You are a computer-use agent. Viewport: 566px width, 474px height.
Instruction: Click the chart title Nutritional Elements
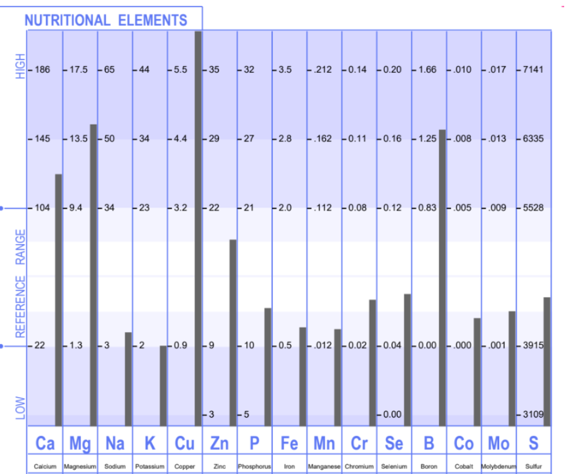pos(106,20)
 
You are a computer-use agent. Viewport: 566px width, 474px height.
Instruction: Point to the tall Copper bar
pos(198,229)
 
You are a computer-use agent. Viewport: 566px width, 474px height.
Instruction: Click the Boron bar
pos(442,277)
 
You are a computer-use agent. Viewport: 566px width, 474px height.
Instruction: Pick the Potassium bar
pos(163,386)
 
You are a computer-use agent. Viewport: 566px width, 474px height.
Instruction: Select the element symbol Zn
pos(220,444)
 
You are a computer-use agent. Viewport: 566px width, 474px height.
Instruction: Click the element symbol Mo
pos(499,444)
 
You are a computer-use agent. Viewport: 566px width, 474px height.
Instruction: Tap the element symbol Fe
pos(290,444)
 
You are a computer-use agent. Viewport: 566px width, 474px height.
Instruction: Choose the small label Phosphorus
pos(255,467)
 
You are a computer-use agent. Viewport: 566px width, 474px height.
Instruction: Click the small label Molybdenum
pos(499,467)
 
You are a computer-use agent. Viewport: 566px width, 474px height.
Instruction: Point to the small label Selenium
pos(394,467)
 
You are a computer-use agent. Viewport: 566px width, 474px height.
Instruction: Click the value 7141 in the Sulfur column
pos(533,70)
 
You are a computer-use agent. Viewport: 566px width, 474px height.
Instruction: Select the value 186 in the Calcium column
pos(42,70)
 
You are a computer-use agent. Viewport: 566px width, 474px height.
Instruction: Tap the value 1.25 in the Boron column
pos(428,139)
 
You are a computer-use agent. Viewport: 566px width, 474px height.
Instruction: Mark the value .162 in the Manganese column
pos(323,139)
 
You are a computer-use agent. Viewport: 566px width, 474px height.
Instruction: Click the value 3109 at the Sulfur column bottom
pos(533,414)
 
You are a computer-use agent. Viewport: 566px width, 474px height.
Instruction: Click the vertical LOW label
pos(20,408)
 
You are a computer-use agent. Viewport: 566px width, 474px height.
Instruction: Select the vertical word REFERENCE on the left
pos(20,306)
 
